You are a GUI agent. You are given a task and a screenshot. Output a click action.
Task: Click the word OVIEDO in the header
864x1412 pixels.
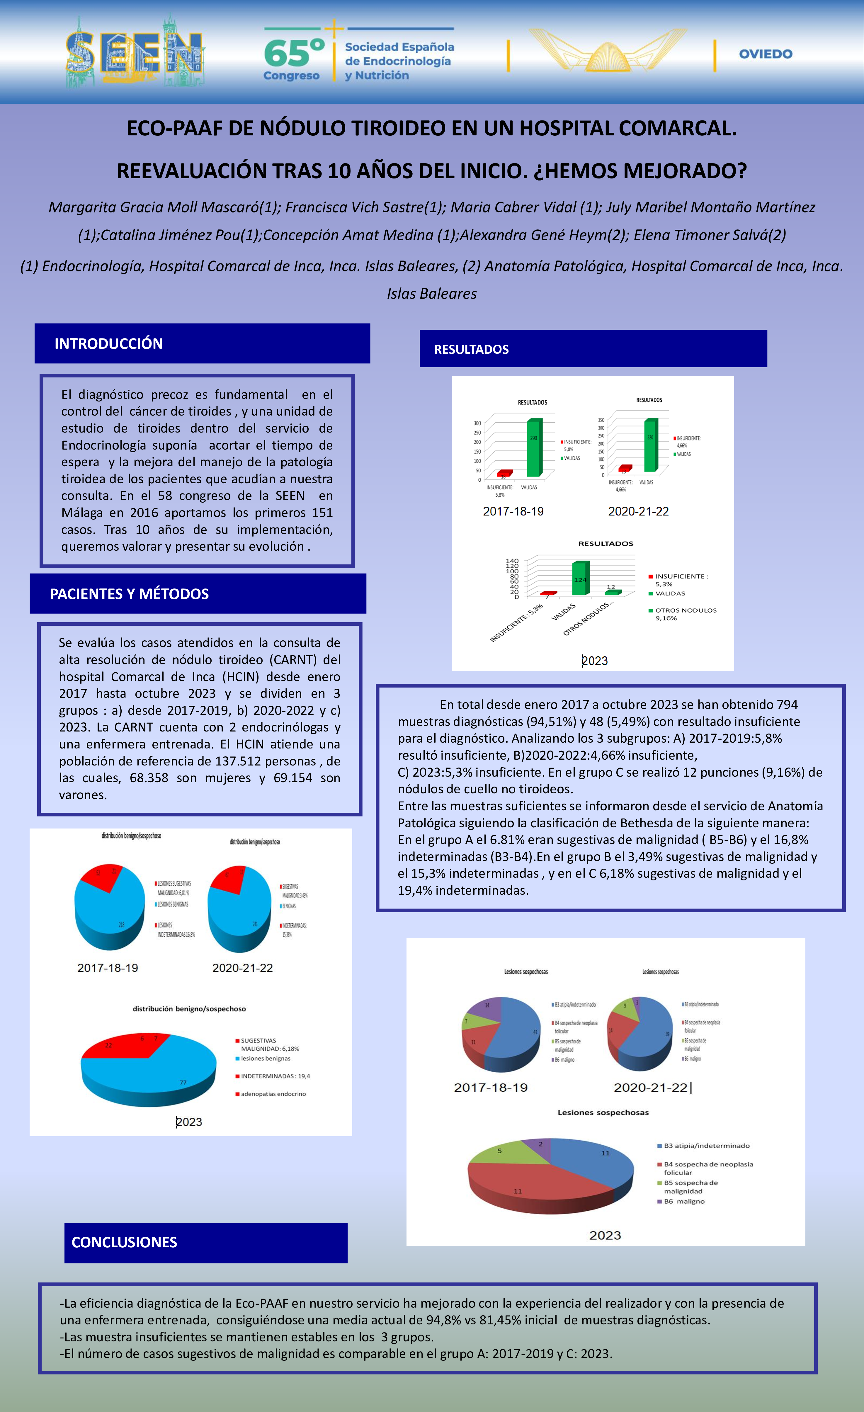pyautogui.click(x=766, y=54)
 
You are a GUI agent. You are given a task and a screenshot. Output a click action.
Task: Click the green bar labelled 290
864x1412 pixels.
pyautogui.click(x=533, y=448)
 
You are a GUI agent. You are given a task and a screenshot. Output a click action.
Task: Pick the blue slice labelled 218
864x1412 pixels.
pyautogui.click(x=115, y=917)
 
